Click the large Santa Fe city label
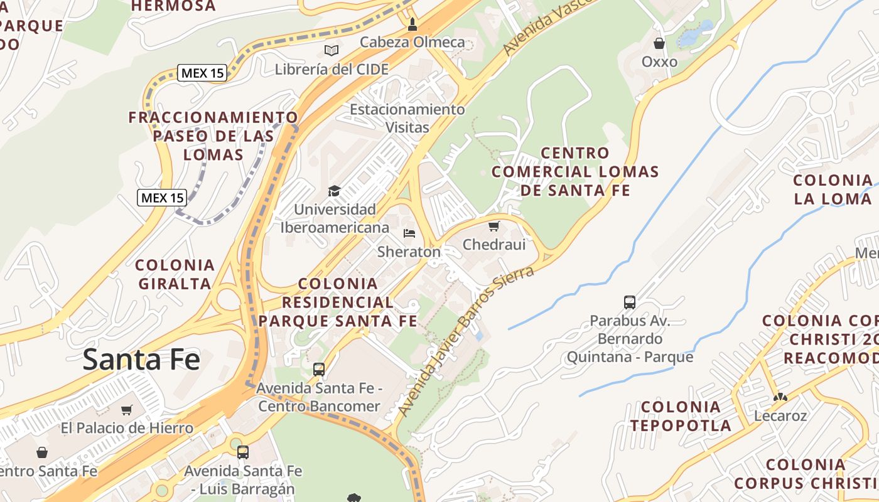click(x=141, y=360)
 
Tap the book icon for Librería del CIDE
click(x=331, y=50)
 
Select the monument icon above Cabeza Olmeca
click(x=413, y=24)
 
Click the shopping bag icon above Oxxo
click(x=659, y=43)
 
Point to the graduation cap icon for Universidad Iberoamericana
click(x=335, y=191)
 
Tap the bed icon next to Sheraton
click(x=409, y=233)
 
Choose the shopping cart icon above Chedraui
click(x=494, y=226)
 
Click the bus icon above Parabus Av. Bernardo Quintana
click(x=630, y=302)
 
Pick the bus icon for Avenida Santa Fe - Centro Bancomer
click(x=319, y=369)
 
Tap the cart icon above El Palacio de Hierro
click(x=127, y=410)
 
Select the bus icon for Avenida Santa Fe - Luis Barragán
click(x=243, y=452)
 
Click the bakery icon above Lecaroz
click(x=780, y=397)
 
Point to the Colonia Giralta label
click(x=175, y=274)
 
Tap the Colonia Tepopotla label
click(x=681, y=416)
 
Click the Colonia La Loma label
click(x=833, y=190)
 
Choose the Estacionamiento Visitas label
click(x=407, y=118)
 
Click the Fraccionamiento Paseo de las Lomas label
click(x=213, y=136)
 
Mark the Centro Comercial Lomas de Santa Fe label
click(x=575, y=171)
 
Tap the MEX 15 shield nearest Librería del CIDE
click(x=202, y=73)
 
